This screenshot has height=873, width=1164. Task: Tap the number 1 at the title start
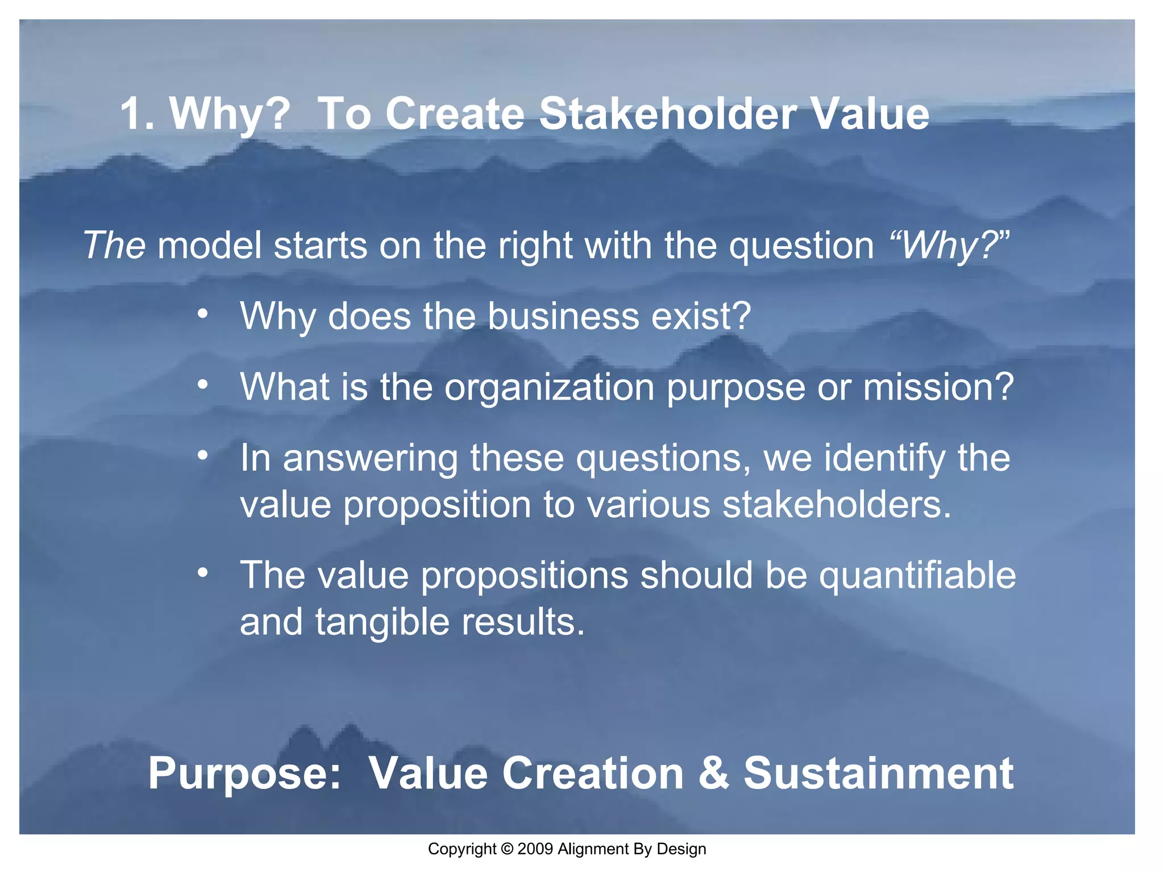pyautogui.click(x=132, y=114)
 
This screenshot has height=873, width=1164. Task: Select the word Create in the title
pyautogui.click(x=455, y=114)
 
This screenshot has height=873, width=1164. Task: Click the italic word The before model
pyautogui.click(x=114, y=246)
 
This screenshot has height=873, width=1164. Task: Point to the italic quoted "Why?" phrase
pyautogui.click(x=949, y=246)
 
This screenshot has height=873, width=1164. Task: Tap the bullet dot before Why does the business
pyautogui.click(x=203, y=314)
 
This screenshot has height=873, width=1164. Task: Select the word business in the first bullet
pyautogui.click(x=563, y=316)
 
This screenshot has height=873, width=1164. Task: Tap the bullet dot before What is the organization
pyautogui.click(x=203, y=385)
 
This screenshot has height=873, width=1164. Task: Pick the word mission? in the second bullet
pyautogui.click(x=938, y=387)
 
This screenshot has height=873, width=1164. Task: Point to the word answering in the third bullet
pyautogui.click(x=370, y=459)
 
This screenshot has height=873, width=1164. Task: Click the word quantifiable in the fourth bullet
pyautogui.click(x=917, y=576)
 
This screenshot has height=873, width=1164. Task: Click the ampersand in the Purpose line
pyautogui.click(x=713, y=773)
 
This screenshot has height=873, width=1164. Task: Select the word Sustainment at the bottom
pyautogui.click(x=878, y=773)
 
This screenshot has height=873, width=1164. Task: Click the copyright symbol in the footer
pyautogui.click(x=507, y=849)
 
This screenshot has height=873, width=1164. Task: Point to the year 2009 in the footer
pyautogui.click(x=535, y=849)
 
